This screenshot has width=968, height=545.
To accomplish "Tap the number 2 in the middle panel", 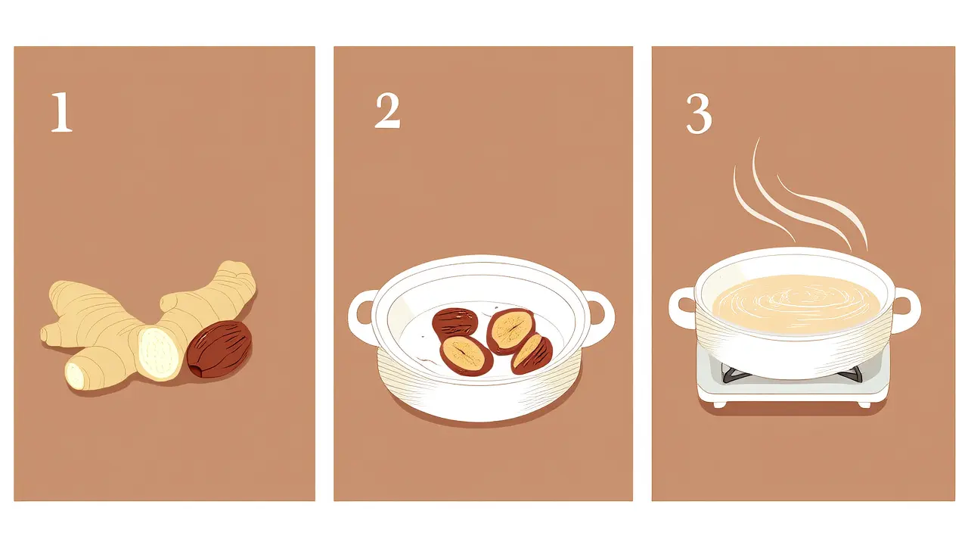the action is click(388, 111).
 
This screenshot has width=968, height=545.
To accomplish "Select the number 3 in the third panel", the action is click(699, 114).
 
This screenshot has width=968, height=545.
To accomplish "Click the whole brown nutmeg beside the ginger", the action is click(219, 349).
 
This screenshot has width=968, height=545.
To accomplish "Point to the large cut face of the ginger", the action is click(159, 353).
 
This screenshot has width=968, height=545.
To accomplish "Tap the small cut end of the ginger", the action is click(75, 375).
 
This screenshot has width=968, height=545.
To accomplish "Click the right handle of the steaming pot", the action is click(906, 310).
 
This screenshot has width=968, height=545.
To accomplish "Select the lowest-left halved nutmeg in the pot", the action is click(466, 356).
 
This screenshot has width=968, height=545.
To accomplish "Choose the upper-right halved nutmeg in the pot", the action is click(511, 331).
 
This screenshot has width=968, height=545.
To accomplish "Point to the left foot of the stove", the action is click(719, 404).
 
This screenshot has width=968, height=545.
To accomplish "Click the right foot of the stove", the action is click(864, 404).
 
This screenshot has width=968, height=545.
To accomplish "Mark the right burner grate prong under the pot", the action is click(851, 373).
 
